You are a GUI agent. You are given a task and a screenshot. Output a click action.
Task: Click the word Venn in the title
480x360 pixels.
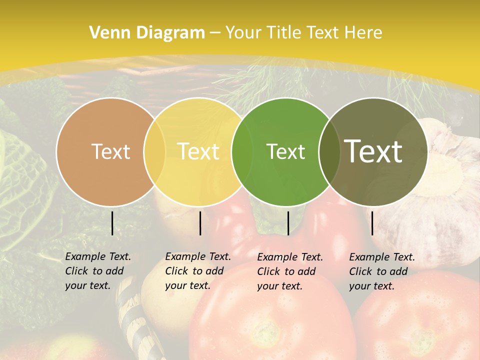pos(106,33)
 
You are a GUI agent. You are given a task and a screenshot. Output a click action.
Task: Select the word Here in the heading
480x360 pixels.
pos(364,33)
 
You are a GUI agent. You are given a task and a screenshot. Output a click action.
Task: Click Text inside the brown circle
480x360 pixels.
pos(110,151)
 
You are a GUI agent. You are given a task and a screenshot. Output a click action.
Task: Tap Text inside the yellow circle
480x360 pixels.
pos(198,151)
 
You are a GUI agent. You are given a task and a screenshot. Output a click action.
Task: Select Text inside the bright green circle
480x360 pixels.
pos(285,151)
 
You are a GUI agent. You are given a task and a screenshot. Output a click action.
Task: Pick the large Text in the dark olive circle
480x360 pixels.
pos(373,151)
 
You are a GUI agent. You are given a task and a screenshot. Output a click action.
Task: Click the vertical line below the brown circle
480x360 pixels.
pos(112,223)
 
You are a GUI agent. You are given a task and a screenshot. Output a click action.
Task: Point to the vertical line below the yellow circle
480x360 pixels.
pos(200,223)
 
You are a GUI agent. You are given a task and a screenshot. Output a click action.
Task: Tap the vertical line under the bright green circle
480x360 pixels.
pos(288,223)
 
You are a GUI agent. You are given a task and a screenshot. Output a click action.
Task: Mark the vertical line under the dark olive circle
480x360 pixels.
pos(372,223)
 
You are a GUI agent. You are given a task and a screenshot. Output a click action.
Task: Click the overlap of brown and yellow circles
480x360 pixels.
pos(154,151)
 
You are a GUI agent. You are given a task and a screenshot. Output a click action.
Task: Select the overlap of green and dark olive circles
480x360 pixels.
pos(329,151)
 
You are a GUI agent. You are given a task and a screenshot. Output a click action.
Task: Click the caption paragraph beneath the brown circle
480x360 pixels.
pos(97,271)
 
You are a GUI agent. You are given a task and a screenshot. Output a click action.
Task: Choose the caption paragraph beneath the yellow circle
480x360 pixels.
pos(197,271)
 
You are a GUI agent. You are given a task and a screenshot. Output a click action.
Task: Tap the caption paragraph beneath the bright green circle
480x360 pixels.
pos(289,271)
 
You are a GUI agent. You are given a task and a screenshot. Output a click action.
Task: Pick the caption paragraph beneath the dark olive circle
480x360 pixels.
pos(381,271)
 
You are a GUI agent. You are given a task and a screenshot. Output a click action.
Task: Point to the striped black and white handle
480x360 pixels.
pos(134,320)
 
